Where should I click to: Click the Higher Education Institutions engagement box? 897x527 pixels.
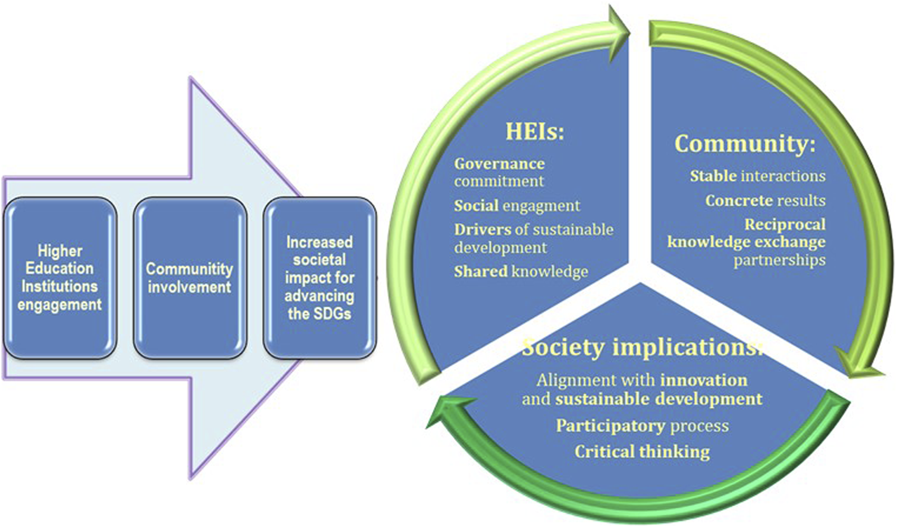[x=60, y=278]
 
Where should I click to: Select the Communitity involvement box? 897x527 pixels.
[x=190, y=278]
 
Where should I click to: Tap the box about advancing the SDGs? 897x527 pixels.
[x=319, y=278]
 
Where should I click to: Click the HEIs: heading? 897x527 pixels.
[x=534, y=131]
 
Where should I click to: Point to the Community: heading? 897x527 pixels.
[x=744, y=144]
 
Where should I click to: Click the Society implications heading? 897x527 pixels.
[x=641, y=348]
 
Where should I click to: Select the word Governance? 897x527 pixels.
[x=499, y=164]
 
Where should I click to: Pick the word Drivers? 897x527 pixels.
[x=483, y=230]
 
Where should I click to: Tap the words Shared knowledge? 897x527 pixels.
[x=521, y=271]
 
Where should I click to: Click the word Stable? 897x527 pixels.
[x=713, y=176]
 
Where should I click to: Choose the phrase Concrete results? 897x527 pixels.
[x=765, y=201]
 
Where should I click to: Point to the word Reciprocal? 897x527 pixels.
[x=785, y=224]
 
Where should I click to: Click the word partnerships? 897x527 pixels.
[x=779, y=260]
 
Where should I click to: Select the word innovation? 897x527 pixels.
[x=704, y=380]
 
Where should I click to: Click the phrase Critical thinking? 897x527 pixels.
[x=642, y=451]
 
